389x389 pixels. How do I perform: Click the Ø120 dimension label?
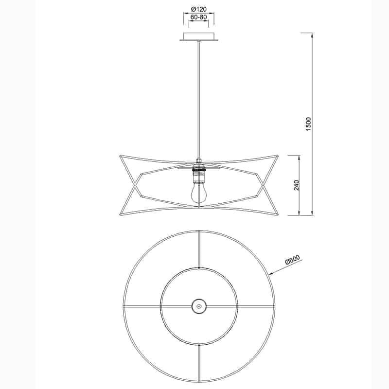tap(199, 9)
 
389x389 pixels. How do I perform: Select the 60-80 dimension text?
tap(199, 17)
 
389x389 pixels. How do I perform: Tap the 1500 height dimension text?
tap(308, 124)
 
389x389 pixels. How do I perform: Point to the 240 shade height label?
tap(296, 185)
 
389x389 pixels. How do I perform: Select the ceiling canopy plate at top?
tap(199, 37)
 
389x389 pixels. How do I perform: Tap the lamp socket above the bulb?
tap(198, 170)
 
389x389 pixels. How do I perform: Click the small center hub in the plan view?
tap(198, 306)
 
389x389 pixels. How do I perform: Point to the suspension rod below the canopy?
tap(198, 97)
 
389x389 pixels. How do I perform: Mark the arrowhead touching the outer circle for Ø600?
tap(270, 275)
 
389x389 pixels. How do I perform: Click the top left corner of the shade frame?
tap(120, 156)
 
